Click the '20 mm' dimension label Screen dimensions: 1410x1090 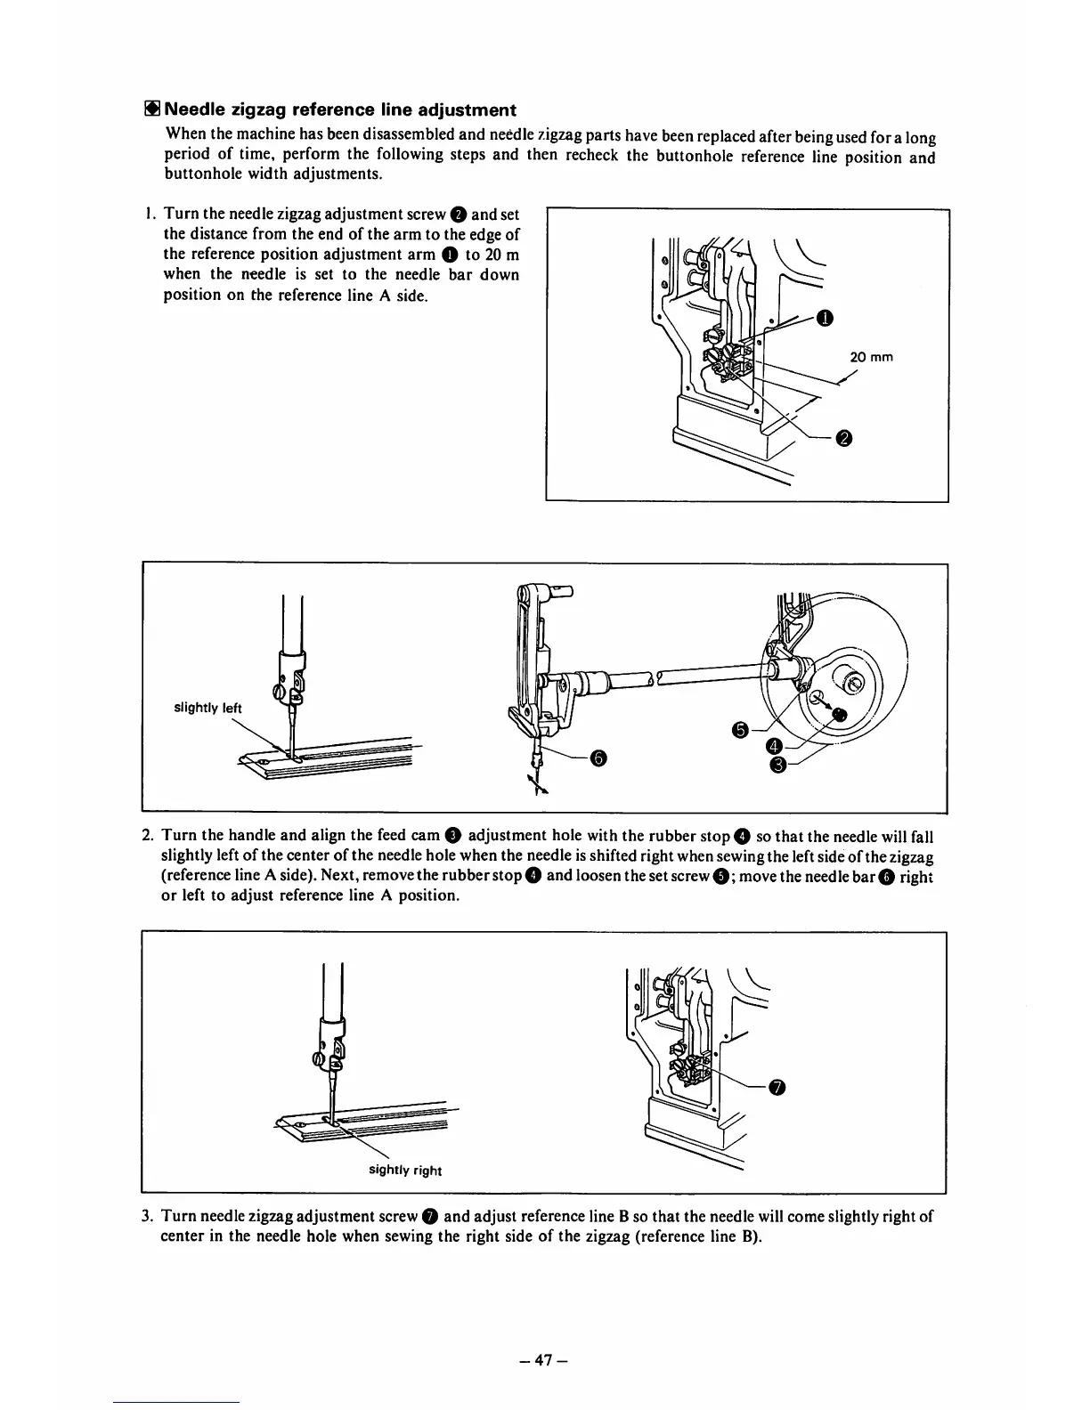[871, 358]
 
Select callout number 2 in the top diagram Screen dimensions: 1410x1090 [844, 437]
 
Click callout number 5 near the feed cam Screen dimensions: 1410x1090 [739, 730]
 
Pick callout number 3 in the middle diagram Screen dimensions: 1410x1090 [777, 765]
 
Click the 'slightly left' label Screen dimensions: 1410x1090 [207, 709]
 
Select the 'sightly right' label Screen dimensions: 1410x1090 [405, 1171]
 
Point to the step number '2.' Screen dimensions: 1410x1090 [149, 836]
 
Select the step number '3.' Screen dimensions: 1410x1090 [149, 1217]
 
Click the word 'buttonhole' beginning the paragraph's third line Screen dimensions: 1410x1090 [203, 174]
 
